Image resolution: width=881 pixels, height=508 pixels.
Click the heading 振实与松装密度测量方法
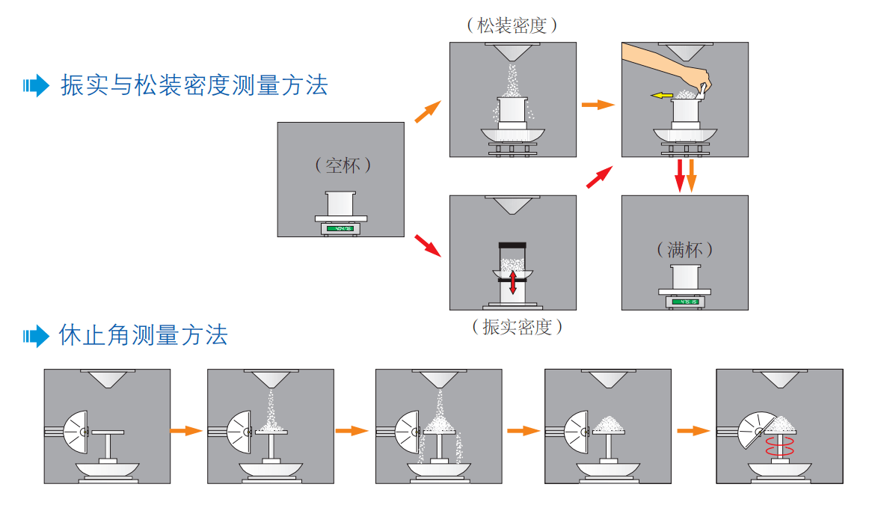pyautogui.click(x=194, y=85)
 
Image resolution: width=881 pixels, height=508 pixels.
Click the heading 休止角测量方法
pyautogui.click(x=143, y=334)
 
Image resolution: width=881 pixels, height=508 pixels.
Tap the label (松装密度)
pyautogui.click(x=512, y=25)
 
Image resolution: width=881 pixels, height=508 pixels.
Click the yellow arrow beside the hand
pyautogui.click(x=661, y=96)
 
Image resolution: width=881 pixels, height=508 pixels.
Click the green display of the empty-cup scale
pyautogui.click(x=341, y=227)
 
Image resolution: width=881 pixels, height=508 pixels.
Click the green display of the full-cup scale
pyautogui.click(x=684, y=302)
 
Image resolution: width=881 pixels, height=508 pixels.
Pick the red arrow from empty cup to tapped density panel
pyautogui.click(x=427, y=244)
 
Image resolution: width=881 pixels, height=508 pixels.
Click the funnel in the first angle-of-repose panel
pyautogui.click(x=108, y=378)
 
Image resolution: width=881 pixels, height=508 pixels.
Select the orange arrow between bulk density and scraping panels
pyautogui.click(x=598, y=105)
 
